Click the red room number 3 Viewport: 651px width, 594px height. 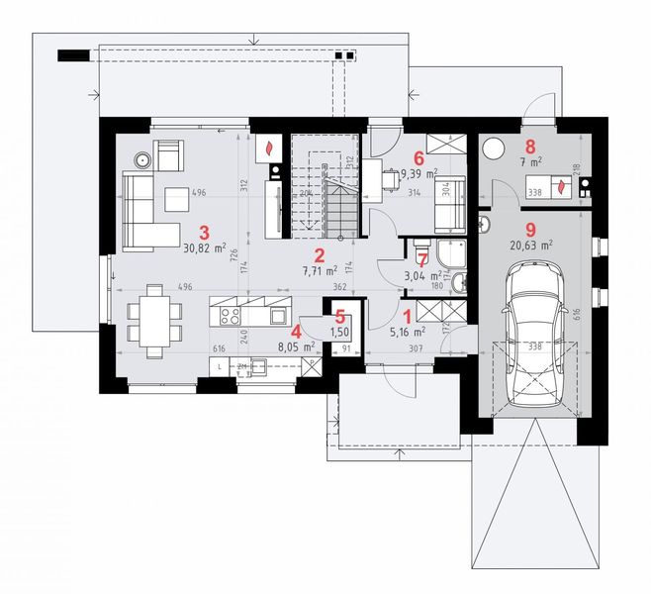pyautogui.click(x=205, y=232)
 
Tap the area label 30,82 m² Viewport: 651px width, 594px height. pyautogui.click(x=205, y=248)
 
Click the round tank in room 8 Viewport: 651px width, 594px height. pyautogui.click(x=492, y=148)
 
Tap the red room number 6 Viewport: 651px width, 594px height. pyautogui.click(x=419, y=156)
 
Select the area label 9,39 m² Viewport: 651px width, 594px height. pyautogui.click(x=419, y=173)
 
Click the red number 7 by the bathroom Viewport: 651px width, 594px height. pyautogui.click(x=422, y=259)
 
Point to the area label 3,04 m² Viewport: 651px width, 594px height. pyautogui.click(x=421, y=276)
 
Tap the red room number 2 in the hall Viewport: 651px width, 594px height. pyautogui.click(x=319, y=253)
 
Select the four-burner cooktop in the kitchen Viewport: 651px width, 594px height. pyautogui.click(x=231, y=317)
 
